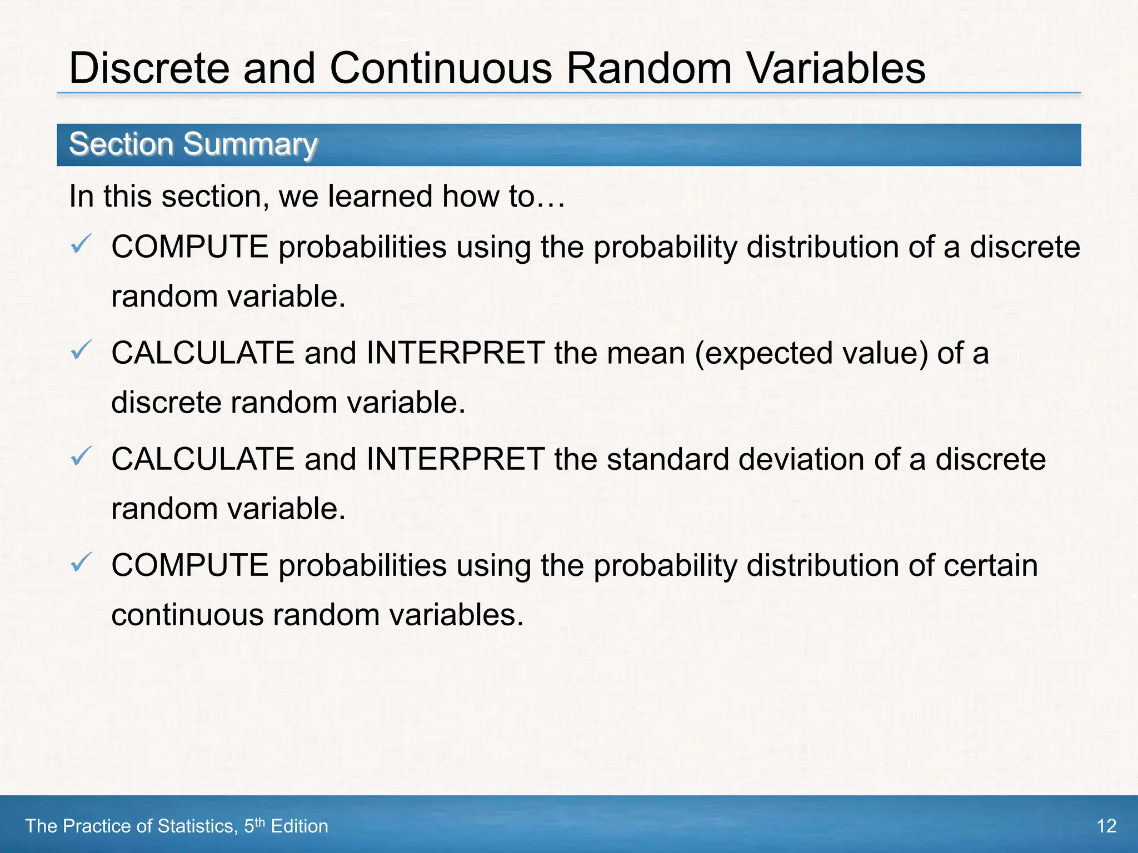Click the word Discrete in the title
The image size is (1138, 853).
149,68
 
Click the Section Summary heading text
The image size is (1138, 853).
193,144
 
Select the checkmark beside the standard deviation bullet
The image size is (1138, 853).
81,456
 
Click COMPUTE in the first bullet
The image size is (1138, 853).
190,247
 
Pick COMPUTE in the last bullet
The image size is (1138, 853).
190,566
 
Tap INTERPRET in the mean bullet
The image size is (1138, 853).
456,353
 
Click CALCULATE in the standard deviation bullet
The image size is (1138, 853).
203,460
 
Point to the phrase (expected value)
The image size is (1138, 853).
811,353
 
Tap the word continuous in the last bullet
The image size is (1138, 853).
187,615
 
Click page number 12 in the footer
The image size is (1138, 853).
1106,826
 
